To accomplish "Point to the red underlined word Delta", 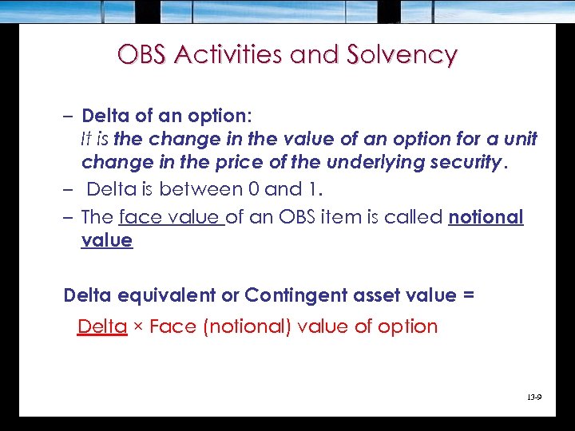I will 102,326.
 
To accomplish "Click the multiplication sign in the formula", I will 138,327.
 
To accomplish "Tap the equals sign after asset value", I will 468,295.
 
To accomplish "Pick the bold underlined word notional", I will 486,217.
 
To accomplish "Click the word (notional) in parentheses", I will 244,326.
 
